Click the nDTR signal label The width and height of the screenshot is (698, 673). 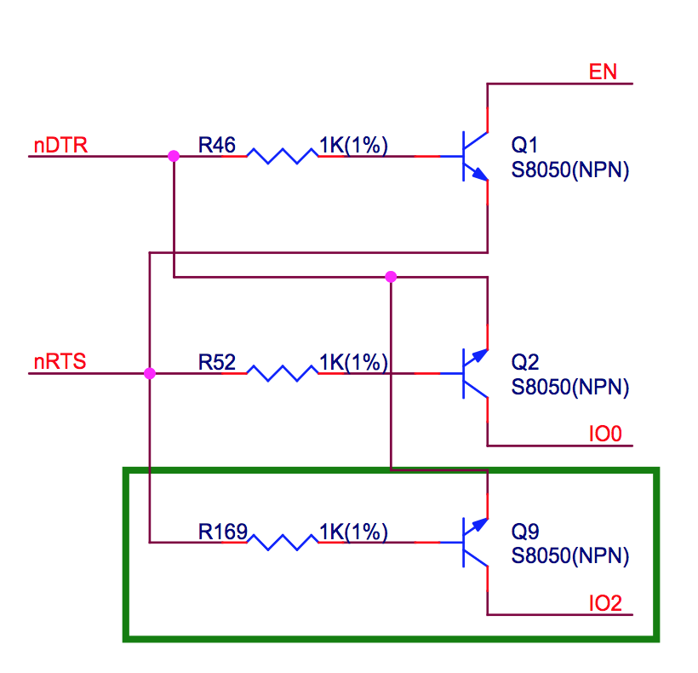click(60, 146)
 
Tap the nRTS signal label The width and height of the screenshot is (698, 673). click(60, 362)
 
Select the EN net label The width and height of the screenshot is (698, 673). click(603, 72)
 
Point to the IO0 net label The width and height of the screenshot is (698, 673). click(605, 434)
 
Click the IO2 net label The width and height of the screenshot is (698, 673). click(605, 603)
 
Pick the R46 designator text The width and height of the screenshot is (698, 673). click(217, 145)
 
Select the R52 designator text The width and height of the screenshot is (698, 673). click(217, 362)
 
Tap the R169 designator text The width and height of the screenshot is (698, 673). click(222, 532)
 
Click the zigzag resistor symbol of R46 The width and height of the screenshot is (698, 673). click(283, 157)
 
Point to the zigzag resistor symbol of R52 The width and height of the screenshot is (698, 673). click(283, 373)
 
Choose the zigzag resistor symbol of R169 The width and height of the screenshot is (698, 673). click(283, 543)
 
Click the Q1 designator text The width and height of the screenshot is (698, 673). click(525, 145)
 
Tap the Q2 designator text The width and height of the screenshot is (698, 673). click(525, 362)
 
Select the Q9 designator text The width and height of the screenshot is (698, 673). click(525, 532)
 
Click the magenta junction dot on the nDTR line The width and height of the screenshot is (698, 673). click(174, 156)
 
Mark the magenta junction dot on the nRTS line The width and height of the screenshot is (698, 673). click(150, 373)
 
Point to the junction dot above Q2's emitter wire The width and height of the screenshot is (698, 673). click(391, 277)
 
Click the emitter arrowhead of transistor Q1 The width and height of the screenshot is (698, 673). click(480, 174)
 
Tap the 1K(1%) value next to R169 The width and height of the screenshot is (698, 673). click(354, 532)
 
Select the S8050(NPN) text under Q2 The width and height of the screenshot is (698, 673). click(570, 387)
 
